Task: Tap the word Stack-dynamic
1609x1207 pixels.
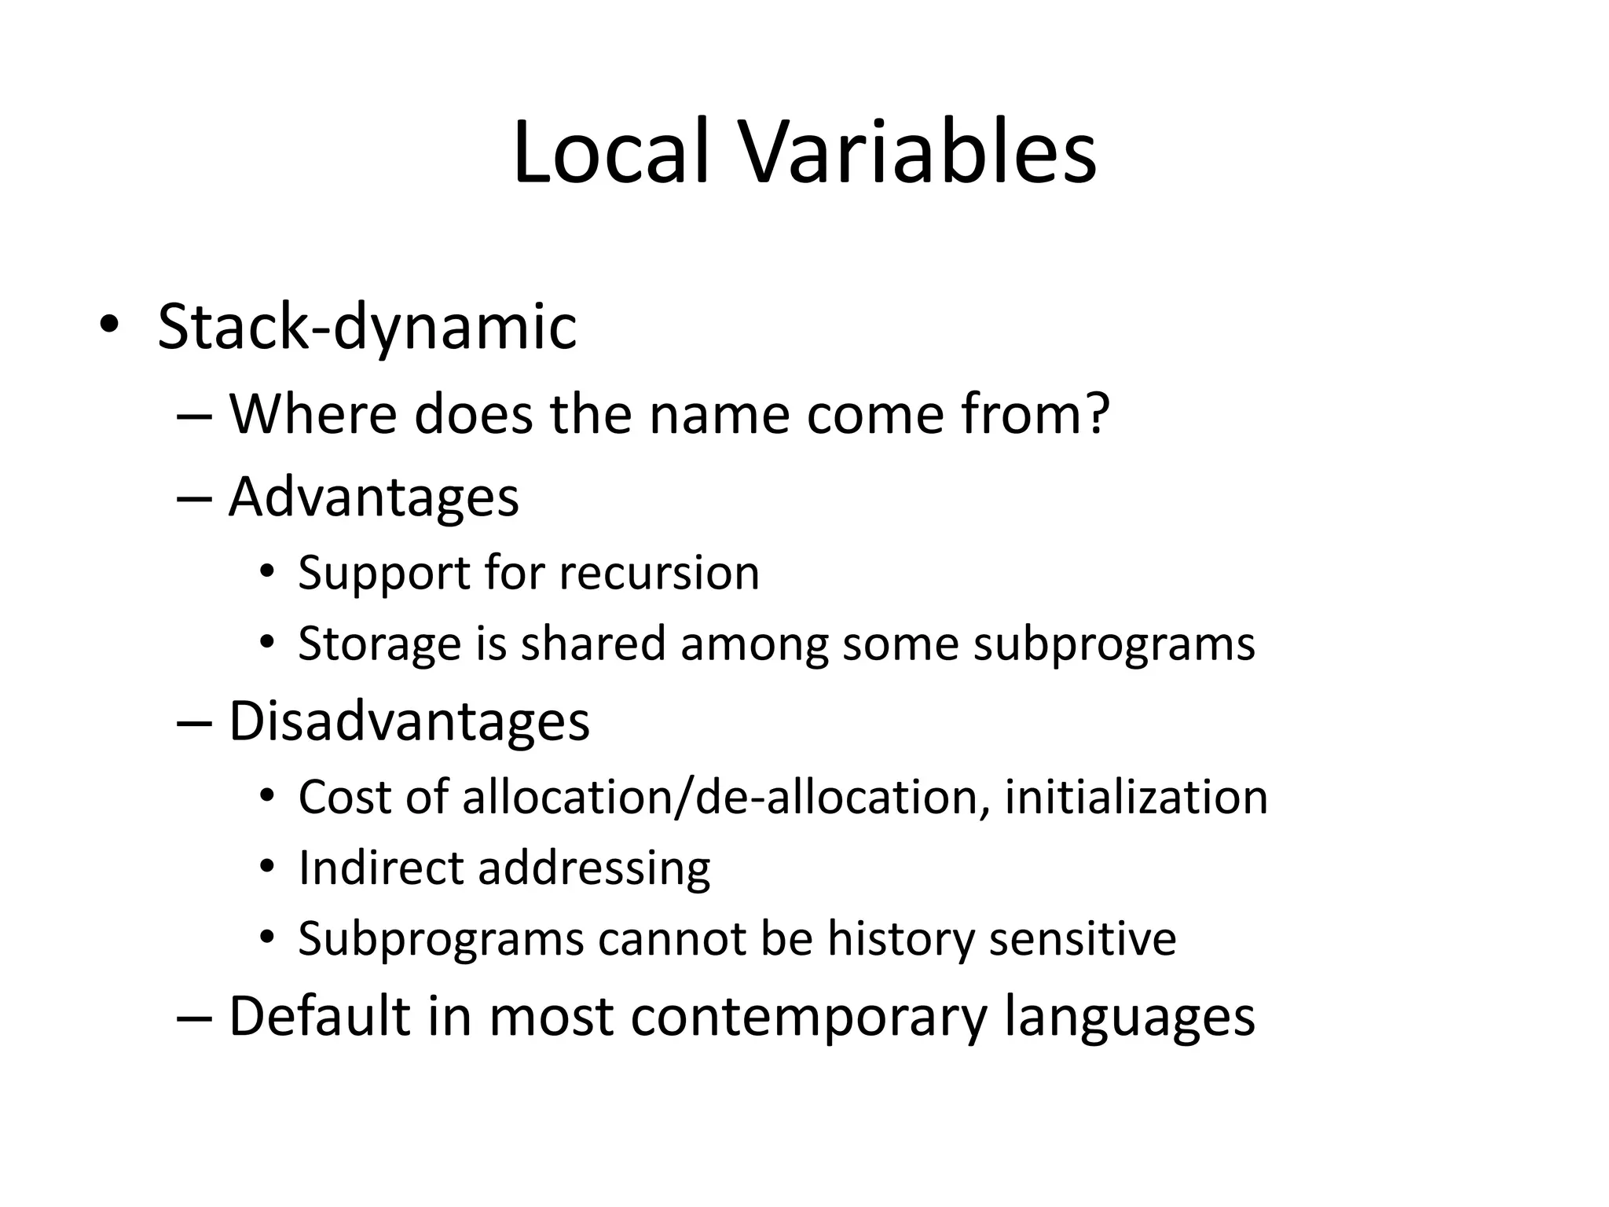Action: tap(367, 327)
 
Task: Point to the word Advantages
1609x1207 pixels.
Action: tap(374, 497)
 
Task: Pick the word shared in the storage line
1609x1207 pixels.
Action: tap(593, 643)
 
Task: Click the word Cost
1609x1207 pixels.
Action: tap(345, 797)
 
